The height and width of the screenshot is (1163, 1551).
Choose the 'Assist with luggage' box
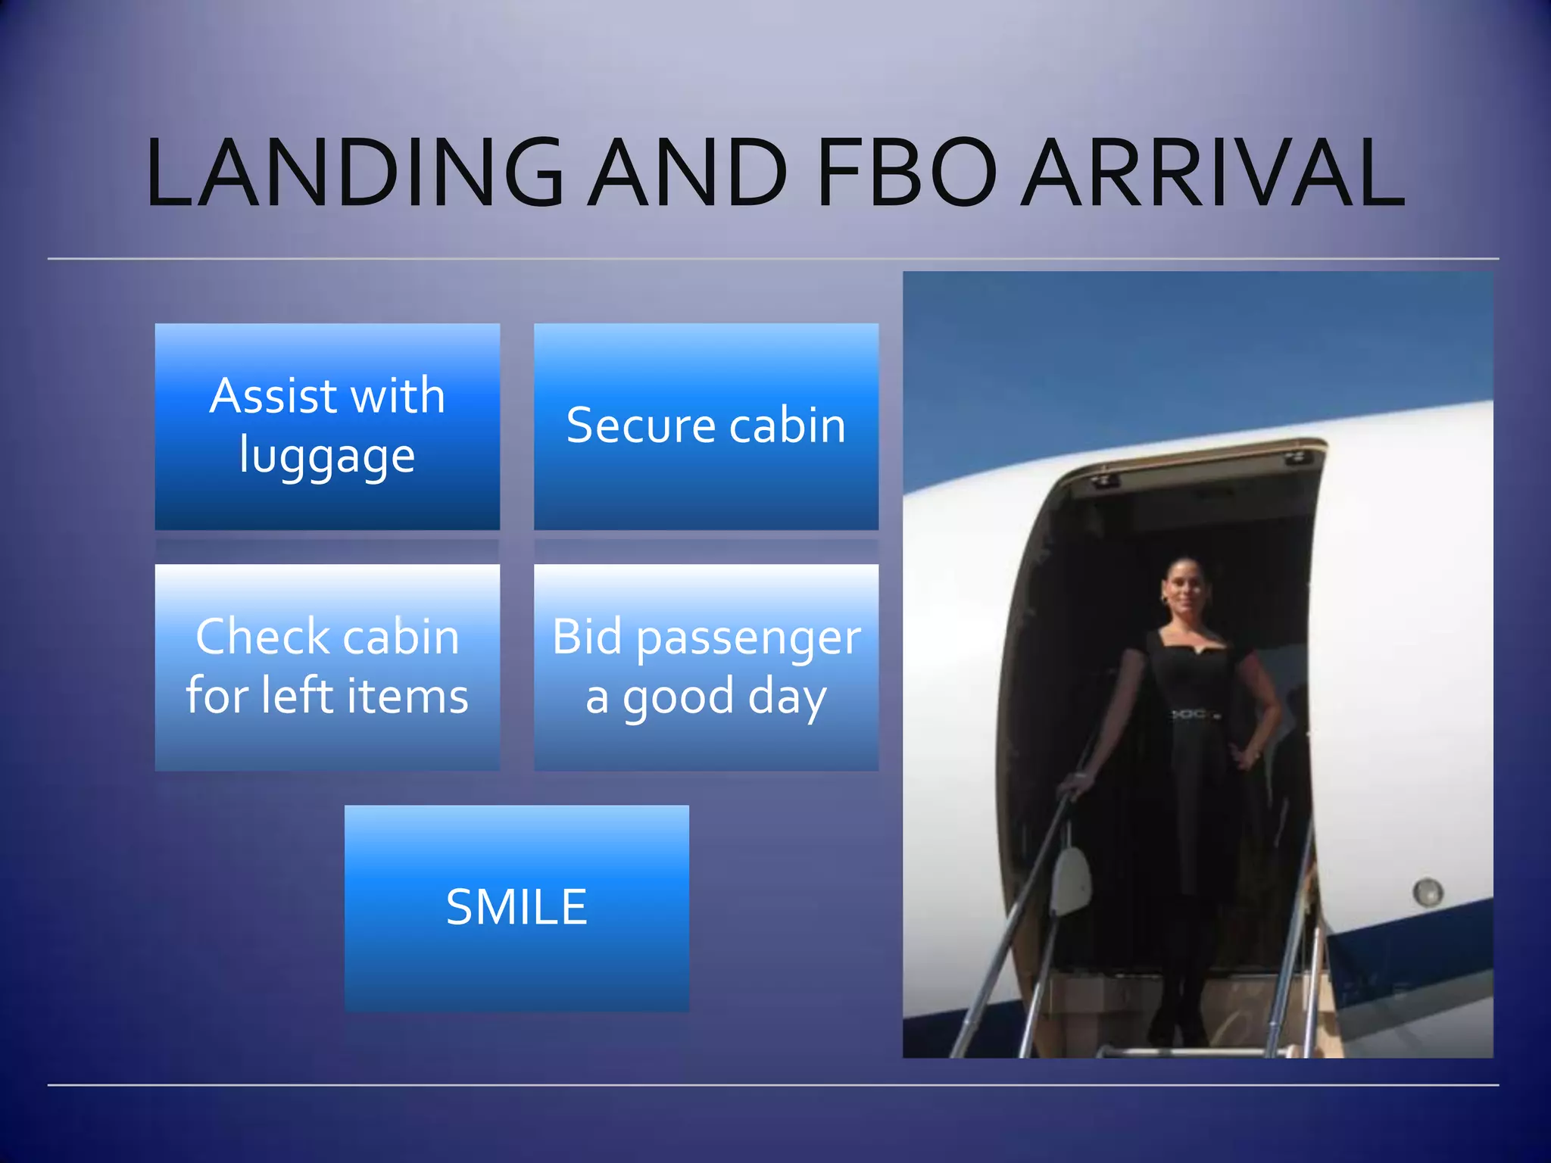[x=327, y=426]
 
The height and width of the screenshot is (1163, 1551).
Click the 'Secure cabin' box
[x=706, y=426]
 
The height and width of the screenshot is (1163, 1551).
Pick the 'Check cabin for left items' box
[x=327, y=667]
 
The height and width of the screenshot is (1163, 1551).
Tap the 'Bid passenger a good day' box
[x=706, y=667]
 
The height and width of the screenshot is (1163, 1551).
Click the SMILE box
[x=516, y=908]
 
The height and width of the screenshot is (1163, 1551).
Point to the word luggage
[x=327, y=457]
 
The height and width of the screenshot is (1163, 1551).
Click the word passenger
[x=748, y=638]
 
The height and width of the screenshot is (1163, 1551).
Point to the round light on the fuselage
[x=1427, y=892]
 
